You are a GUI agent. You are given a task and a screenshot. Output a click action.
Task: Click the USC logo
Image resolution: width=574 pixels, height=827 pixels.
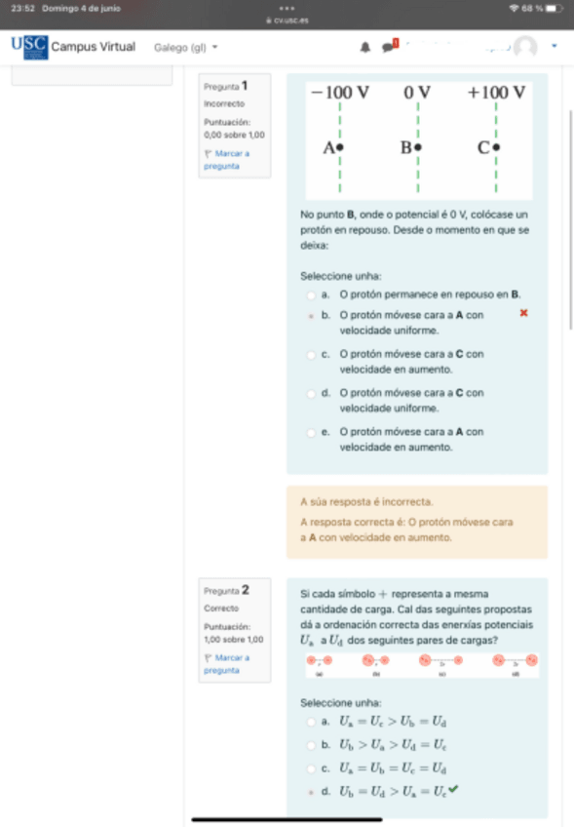tap(29, 47)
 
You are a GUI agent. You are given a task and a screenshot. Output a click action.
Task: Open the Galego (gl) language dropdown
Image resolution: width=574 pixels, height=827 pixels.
tap(185, 47)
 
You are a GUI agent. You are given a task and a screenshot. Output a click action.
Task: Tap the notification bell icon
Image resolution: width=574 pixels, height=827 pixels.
tap(365, 47)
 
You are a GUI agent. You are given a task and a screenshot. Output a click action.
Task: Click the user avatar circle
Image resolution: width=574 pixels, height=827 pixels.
tap(525, 47)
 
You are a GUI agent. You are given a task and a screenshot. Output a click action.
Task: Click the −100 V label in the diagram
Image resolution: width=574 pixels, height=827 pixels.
tap(339, 93)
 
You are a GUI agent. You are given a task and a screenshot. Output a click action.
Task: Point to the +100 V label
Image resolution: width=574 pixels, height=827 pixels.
tap(496, 93)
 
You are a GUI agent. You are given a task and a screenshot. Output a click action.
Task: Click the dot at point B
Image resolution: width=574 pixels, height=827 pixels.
tap(418, 148)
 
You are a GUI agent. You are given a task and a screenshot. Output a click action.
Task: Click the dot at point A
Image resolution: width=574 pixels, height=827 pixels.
tap(340, 148)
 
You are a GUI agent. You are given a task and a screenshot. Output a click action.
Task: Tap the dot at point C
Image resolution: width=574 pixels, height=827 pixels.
tap(496, 148)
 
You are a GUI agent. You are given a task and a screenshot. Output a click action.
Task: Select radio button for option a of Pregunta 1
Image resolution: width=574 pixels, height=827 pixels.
tap(311, 295)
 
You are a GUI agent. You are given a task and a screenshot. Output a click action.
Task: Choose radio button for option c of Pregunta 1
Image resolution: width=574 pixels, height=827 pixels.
tap(311, 355)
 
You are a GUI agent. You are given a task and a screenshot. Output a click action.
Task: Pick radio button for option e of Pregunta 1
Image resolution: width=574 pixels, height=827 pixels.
tap(311, 432)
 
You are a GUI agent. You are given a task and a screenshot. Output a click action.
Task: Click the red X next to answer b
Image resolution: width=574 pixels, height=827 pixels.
tap(523, 313)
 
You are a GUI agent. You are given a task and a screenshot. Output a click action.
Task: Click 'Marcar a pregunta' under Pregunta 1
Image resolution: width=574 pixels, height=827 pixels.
tap(228, 160)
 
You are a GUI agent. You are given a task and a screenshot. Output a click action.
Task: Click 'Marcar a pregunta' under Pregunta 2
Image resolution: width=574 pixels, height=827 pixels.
tap(228, 663)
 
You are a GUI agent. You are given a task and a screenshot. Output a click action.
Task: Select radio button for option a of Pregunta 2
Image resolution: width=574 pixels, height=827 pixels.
tap(311, 723)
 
